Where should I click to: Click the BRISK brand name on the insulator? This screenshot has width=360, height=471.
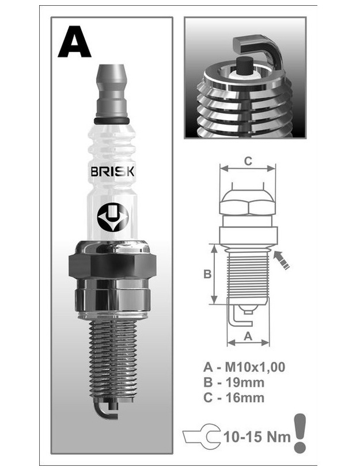[112, 172]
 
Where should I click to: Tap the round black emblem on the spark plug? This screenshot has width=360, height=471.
[113, 217]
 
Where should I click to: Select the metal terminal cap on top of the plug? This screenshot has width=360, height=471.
[112, 91]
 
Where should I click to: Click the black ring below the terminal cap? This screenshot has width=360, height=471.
[112, 121]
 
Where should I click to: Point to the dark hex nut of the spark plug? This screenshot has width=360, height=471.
[112, 265]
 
